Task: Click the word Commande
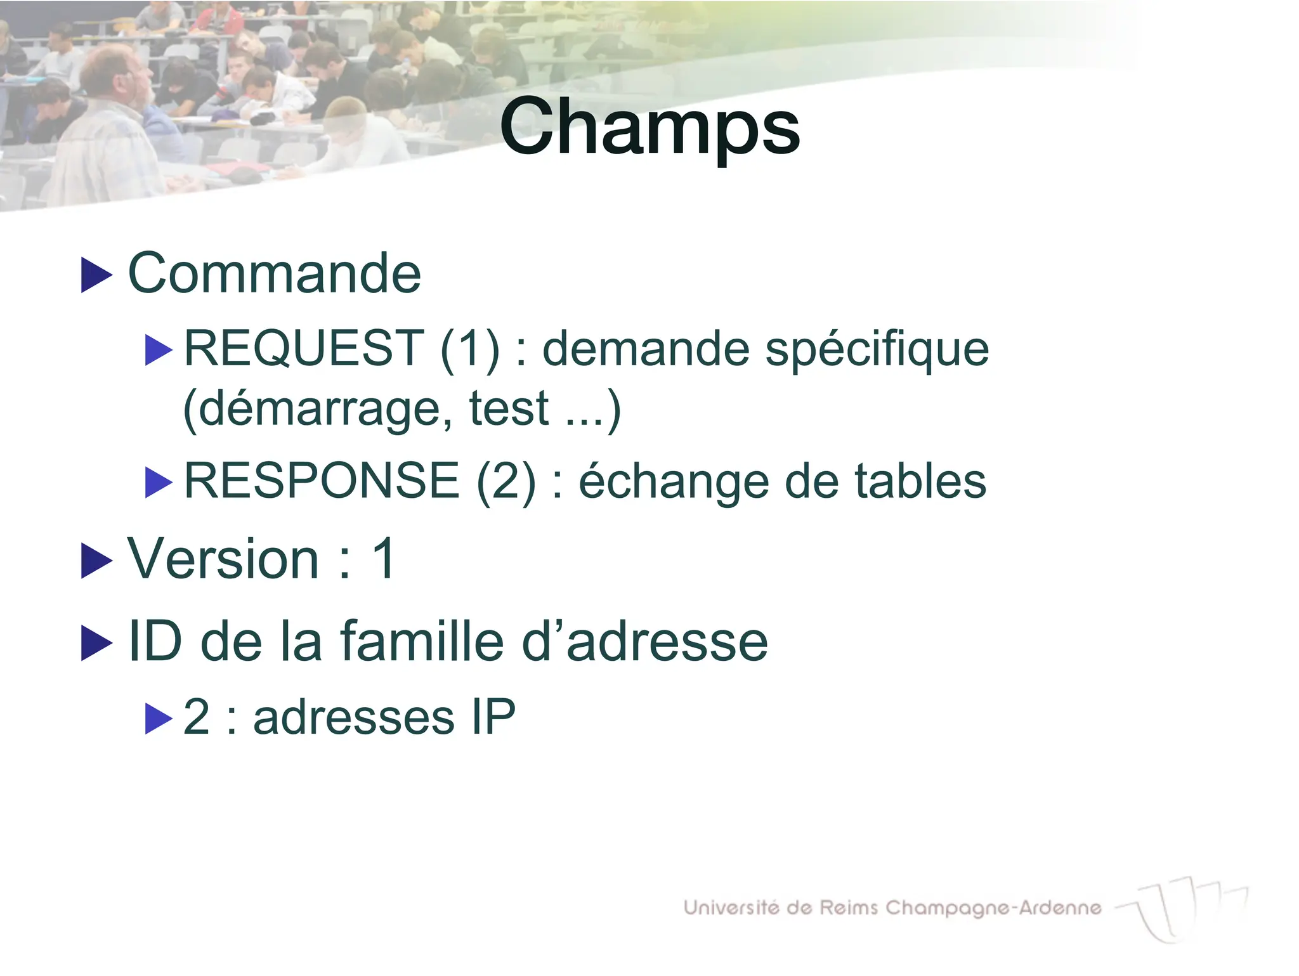coord(275,274)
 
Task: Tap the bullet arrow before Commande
coord(96,275)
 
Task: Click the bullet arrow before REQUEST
coord(159,350)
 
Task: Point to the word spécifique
coord(877,350)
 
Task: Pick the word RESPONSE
coord(322,481)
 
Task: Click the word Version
coord(223,559)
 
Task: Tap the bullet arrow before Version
coord(96,561)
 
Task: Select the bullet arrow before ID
coord(96,643)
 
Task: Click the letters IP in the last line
coord(493,717)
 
